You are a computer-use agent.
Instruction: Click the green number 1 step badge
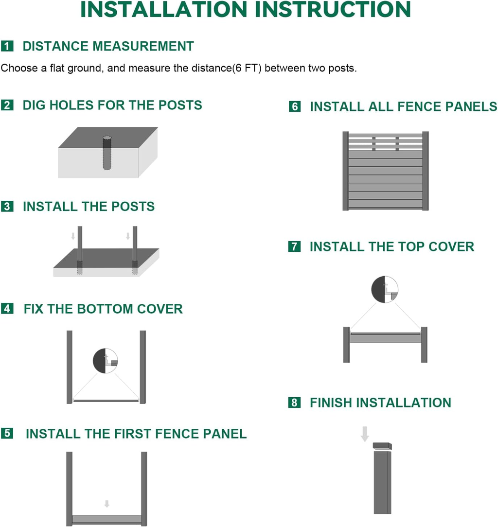(x=7, y=46)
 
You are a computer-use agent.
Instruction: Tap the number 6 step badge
(x=295, y=106)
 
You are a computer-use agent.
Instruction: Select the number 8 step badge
(x=294, y=403)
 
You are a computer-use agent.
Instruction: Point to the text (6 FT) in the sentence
(x=247, y=68)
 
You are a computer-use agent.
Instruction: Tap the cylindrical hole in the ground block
(x=107, y=153)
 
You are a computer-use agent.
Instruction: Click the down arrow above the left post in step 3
(x=73, y=236)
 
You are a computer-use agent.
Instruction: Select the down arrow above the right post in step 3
(x=128, y=236)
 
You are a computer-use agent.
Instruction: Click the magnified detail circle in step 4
(x=105, y=361)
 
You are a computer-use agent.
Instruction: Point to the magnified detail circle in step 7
(x=385, y=289)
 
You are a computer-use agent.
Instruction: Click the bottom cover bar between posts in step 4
(x=106, y=401)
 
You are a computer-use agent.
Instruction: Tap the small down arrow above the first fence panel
(x=107, y=504)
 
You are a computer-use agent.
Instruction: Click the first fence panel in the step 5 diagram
(x=107, y=519)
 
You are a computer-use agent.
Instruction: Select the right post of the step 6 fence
(x=426, y=171)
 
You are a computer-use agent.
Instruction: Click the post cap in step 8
(x=382, y=446)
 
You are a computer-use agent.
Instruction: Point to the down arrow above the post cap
(x=365, y=434)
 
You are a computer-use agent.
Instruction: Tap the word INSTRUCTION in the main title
(x=333, y=9)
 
